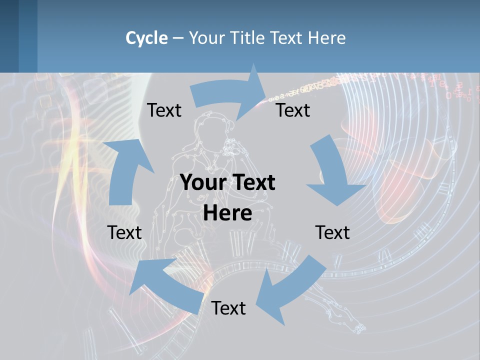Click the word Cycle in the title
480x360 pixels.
pyautogui.click(x=146, y=38)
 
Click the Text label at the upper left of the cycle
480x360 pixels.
pyautogui.click(x=164, y=110)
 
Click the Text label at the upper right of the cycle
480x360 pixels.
pyautogui.click(x=293, y=110)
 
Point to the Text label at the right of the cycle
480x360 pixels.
pyautogui.click(x=332, y=232)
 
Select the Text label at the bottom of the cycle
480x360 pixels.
pyautogui.click(x=228, y=308)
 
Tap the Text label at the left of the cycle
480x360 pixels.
pyautogui.click(x=124, y=232)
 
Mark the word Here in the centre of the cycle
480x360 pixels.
pyautogui.click(x=227, y=213)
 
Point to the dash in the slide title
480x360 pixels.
pyautogui.click(x=177, y=38)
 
